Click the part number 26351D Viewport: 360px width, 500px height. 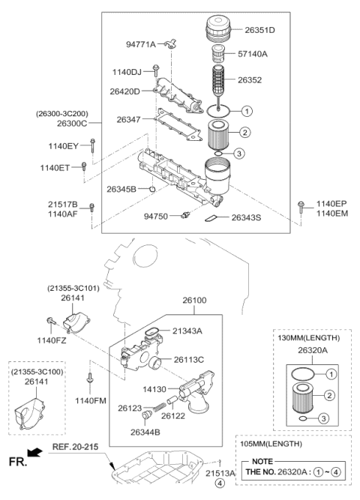[x=260, y=30]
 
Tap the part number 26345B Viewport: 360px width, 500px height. [x=121, y=190]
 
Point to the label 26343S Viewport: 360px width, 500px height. [x=247, y=217]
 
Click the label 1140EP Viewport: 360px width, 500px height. [x=331, y=203]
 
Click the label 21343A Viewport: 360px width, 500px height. [x=188, y=331]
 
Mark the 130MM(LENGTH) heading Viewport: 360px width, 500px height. [x=306, y=339]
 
